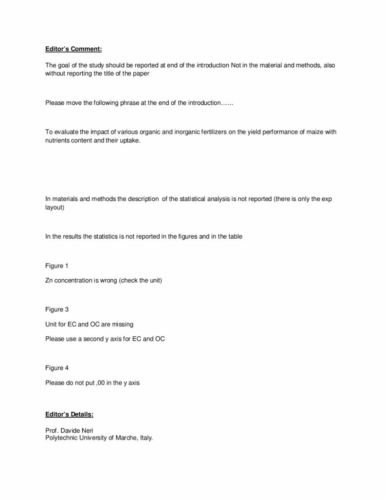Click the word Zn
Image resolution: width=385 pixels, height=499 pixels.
point(49,281)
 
